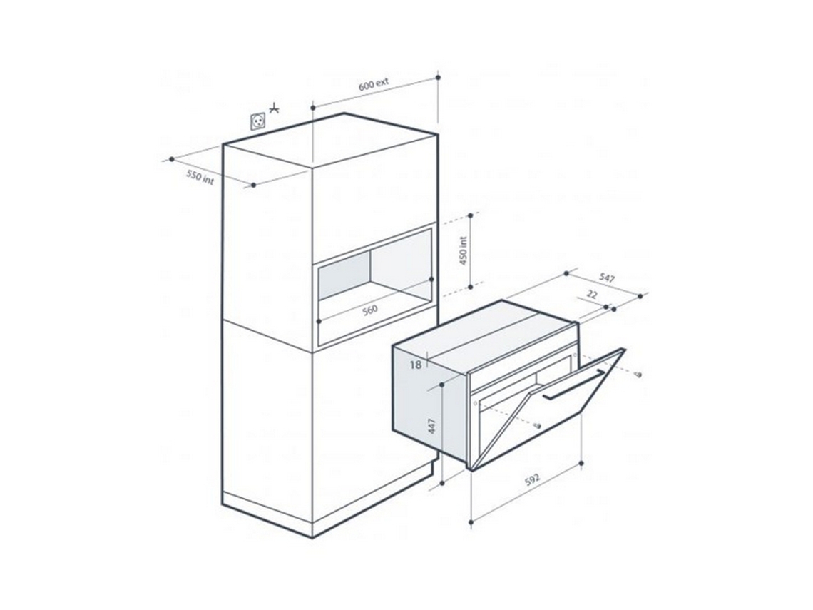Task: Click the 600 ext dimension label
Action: click(374, 85)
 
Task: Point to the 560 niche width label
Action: click(369, 310)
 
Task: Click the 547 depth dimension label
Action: click(606, 279)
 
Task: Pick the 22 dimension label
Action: click(592, 294)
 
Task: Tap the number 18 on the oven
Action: click(416, 365)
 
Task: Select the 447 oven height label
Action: click(431, 427)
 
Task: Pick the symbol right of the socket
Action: click(274, 110)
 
